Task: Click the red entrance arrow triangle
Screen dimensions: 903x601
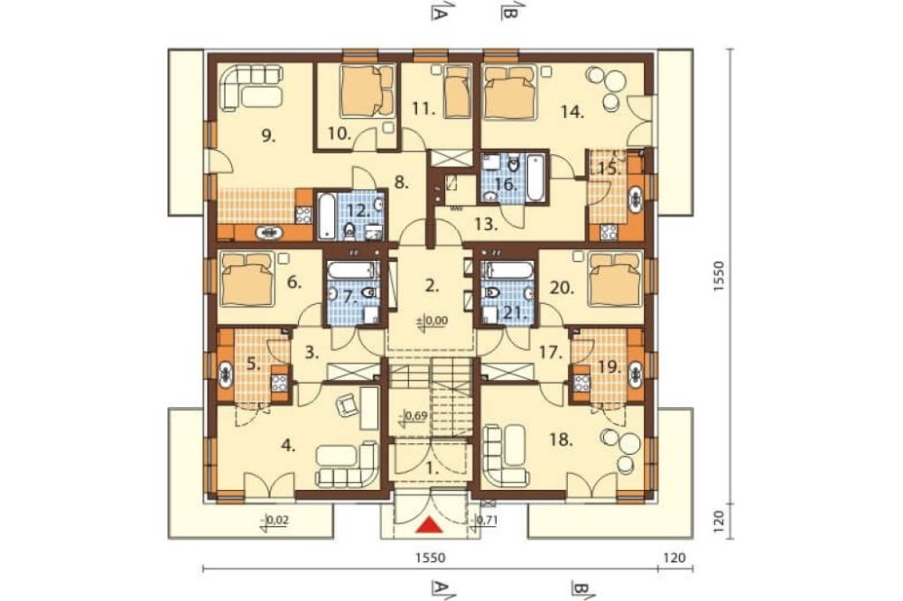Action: pyautogui.click(x=430, y=524)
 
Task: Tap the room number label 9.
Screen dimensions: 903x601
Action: pyautogui.click(x=268, y=136)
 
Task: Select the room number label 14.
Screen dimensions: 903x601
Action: pyautogui.click(x=573, y=112)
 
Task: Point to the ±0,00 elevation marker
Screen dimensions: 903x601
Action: pyautogui.click(x=432, y=320)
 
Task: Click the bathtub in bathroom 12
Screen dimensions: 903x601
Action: pyautogui.click(x=326, y=216)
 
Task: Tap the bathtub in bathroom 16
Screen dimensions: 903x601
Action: pyautogui.click(x=535, y=177)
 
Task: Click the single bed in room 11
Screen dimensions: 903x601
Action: pyautogui.click(x=457, y=91)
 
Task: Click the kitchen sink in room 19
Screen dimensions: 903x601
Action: pyautogui.click(x=636, y=372)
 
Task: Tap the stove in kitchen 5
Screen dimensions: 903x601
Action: pyautogui.click(x=279, y=383)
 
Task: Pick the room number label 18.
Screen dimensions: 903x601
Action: pyautogui.click(x=561, y=441)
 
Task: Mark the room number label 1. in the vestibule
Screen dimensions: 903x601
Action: pyautogui.click(x=432, y=468)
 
